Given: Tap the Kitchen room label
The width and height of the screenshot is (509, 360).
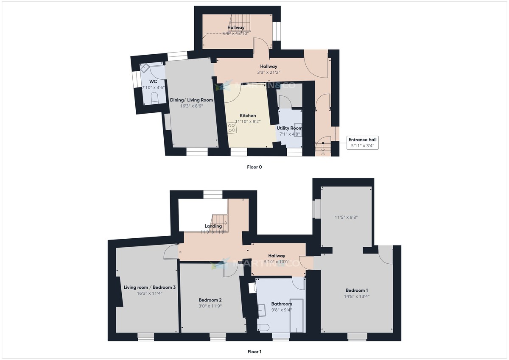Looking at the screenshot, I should pyautogui.click(x=248, y=115).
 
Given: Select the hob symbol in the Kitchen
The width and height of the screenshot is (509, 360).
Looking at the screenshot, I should pyautogui.click(x=231, y=128).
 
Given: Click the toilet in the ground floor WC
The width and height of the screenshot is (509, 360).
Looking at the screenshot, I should pyautogui.click(x=154, y=99).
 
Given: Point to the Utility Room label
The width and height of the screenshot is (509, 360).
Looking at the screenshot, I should pyautogui.click(x=289, y=128).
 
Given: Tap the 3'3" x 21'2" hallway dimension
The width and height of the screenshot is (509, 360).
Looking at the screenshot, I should pyautogui.click(x=268, y=73).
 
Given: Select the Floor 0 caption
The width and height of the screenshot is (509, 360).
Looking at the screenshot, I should pyautogui.click(x=254, y=167).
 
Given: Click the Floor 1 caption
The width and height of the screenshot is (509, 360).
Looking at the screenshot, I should pyautogui.click(x=254, y=352).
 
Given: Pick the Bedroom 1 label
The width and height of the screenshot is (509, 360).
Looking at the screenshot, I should pyautogui.click(x=357, y=290).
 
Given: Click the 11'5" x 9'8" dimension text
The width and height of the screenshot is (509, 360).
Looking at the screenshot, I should pyautogui.click(x=346, y=218).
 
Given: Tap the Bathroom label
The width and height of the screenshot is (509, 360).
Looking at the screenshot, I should pyautogui.click(x=282, y=304).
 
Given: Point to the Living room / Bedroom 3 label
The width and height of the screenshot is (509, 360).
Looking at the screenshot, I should pyautogui.click(x=143, y=287).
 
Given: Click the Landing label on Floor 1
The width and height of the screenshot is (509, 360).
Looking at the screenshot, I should pyautogui.click(x=213, y=226).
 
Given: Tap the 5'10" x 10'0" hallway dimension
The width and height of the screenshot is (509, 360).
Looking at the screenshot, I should pyautogui.click(x=277, y=262).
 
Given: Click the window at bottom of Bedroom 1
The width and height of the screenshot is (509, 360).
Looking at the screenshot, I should pyautogui.click(x=357, y=337).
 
